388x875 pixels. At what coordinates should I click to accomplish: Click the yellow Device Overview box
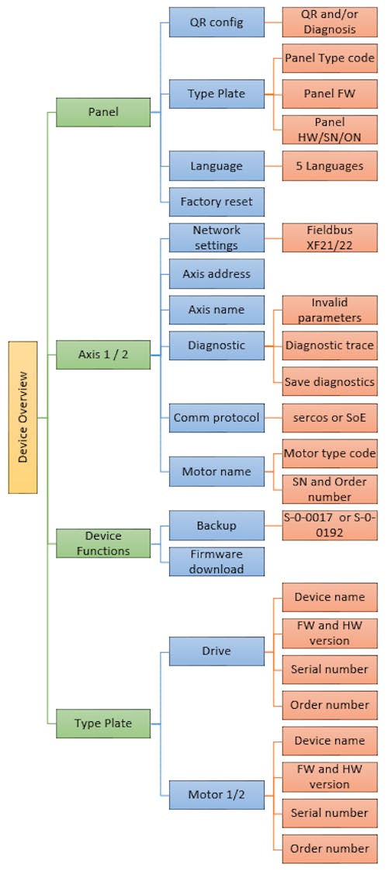[x=23, y=418]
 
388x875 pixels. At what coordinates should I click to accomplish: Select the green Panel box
[x=103, y=112]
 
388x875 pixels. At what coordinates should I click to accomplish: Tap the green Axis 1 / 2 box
[x=103, y=354]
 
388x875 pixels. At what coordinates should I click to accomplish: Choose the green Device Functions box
[x=103, y=543]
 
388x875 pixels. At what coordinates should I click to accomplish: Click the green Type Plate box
[x=103, y=724]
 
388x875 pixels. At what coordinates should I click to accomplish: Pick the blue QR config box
[x=217, y=23]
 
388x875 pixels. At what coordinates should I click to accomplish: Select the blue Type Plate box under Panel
[x=217, y=94]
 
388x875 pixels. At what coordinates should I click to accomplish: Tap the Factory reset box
[x=217, y=201]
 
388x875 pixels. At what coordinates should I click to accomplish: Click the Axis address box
[x=217, y=274]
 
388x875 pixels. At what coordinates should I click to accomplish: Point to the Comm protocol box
[x=217, y=418]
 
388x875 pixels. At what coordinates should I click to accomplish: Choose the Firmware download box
[x=217, y=561]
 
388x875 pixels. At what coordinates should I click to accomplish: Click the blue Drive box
[x=217, y=651]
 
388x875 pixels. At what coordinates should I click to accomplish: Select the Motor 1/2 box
[x=217, y=795]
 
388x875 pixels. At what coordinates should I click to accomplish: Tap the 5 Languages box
[x=330, y=165]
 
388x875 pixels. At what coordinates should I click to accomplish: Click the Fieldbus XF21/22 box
[x=330, y=238]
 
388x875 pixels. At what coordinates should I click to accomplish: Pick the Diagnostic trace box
[x=330, y=345]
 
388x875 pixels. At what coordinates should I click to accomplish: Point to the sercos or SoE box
[x=330, y=418]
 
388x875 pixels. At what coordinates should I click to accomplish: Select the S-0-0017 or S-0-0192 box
[x=330, y=526]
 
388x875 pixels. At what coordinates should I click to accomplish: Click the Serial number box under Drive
[x=330, y=669]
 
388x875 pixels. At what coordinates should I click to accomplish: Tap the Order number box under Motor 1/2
[x=330, y=849]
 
